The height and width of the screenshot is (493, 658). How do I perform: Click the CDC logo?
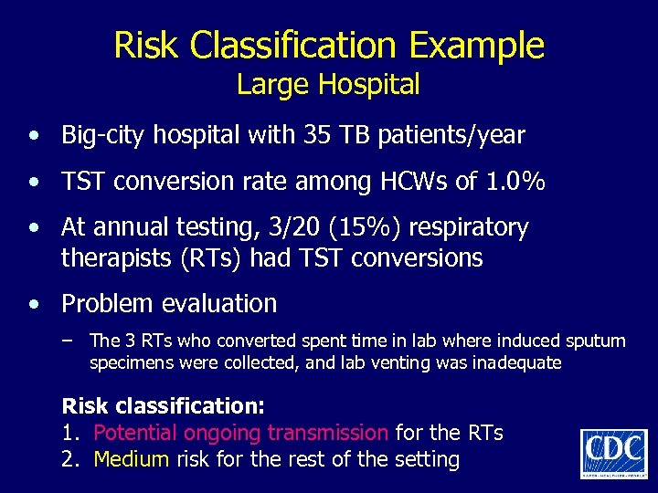pos(613,451)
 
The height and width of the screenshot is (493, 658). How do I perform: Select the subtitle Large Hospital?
pos(328,85)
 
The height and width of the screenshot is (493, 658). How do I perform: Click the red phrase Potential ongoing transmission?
pos(241,432)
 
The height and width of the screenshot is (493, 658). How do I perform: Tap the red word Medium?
pos(131,458)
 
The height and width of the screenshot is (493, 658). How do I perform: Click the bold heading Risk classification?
pos(163,404)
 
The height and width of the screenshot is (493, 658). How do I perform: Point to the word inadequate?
pos(516,362)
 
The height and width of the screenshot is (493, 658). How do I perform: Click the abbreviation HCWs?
pos(404,182)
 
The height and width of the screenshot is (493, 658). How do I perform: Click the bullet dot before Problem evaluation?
pos(33,304)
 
